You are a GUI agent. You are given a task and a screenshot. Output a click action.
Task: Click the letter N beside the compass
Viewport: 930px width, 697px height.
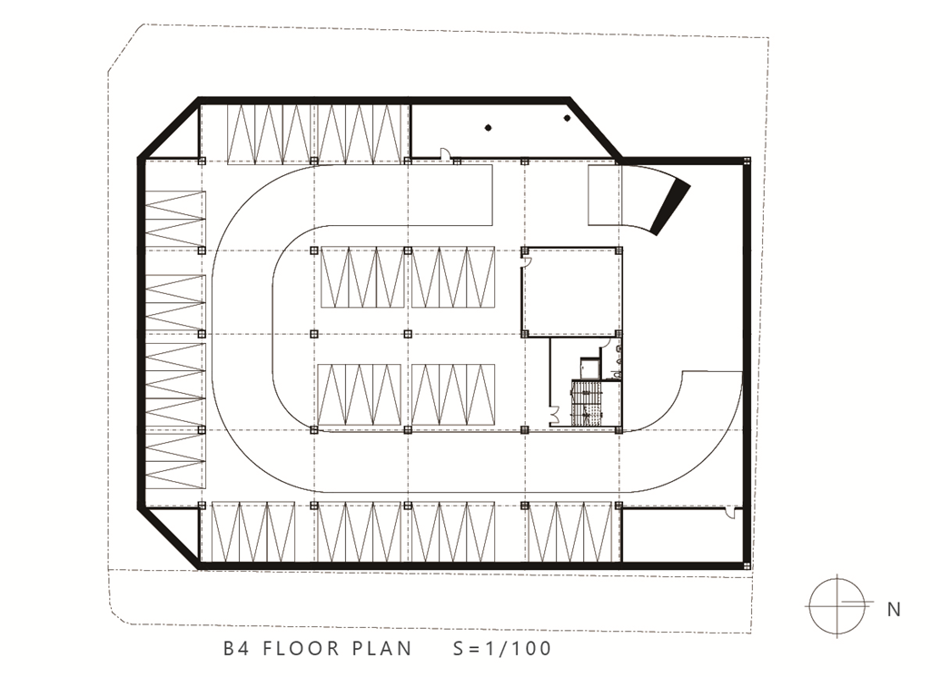tap(894, 609)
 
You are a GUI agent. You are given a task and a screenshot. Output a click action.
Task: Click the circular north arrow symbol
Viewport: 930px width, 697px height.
tap(836, 605)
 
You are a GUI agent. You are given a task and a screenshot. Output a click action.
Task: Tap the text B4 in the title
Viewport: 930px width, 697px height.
tap(237, 648)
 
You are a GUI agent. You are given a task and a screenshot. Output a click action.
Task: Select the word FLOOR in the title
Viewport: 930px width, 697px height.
tap(302, 648)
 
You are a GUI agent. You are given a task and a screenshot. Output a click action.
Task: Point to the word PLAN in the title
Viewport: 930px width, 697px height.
tap(382, 648)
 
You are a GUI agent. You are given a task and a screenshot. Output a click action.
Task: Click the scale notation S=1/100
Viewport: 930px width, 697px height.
tap(502, 648)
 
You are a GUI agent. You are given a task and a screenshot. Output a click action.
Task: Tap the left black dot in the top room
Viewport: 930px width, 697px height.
tap(488, 127)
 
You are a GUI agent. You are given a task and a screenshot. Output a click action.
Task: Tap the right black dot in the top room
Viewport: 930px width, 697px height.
tap(567, 119)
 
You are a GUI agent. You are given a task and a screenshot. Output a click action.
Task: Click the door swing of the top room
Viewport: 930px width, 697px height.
tap(443, 152)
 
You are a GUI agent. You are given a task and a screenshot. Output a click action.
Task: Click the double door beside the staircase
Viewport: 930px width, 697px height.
tap(555, 415)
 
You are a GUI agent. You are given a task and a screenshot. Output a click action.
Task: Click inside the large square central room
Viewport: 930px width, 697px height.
tap(571, 292)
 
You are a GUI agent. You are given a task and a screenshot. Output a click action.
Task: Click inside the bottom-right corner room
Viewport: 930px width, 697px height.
tap(681, 535)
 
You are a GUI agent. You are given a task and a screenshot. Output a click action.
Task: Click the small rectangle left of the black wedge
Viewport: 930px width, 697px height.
tap(604, 196)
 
